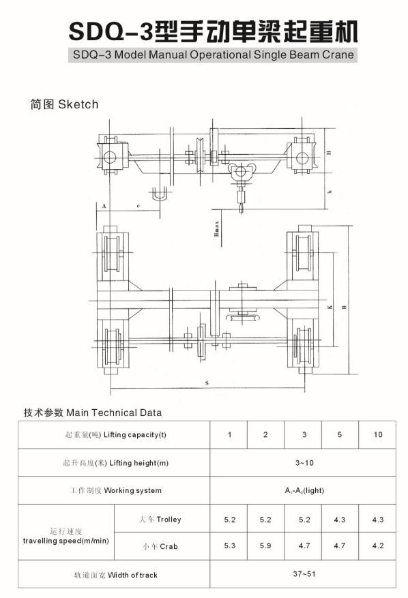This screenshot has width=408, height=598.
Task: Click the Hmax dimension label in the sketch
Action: point(217,229)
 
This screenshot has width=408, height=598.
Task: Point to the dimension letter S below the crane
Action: point(207,383)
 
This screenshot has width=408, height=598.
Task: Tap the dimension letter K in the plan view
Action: point(330,307)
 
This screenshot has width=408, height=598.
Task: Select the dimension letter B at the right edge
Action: point(345,307)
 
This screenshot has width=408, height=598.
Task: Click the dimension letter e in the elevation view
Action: point(139,206)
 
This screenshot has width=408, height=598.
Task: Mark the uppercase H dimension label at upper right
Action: point(329,153)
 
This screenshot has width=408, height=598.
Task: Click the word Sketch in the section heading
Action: point(78,104)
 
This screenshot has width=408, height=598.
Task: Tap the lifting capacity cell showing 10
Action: point(378,434)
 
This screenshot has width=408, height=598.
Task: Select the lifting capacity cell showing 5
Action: point(340,434)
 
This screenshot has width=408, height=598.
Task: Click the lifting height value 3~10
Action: point(304,462)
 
